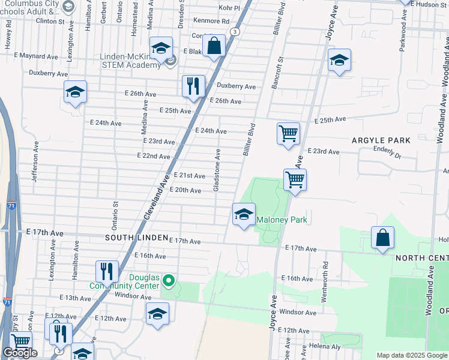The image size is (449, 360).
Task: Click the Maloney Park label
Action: (x=282, y=220)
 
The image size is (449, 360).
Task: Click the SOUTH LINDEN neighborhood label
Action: (x=136, y=238)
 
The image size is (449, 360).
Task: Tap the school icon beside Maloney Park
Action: (x=244, y=214)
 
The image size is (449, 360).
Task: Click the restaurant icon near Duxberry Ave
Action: (x=193, y=85)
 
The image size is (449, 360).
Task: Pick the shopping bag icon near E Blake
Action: (x=214, y=46)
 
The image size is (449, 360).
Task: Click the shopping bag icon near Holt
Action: (x=382, y=238)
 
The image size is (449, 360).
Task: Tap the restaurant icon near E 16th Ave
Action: (x=107, y=271)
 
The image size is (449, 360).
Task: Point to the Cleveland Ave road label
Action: (x=155, y=197)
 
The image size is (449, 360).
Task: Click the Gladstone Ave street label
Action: (x=217, y=170)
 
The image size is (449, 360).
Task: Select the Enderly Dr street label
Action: (x=387, y=153)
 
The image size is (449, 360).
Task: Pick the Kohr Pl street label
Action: (x=229, y=8)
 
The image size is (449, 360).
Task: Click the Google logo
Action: (x=20, y=353)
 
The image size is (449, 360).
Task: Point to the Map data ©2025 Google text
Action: (x=412, y=355)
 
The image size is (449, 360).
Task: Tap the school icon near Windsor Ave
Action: (x=157, y=314)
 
